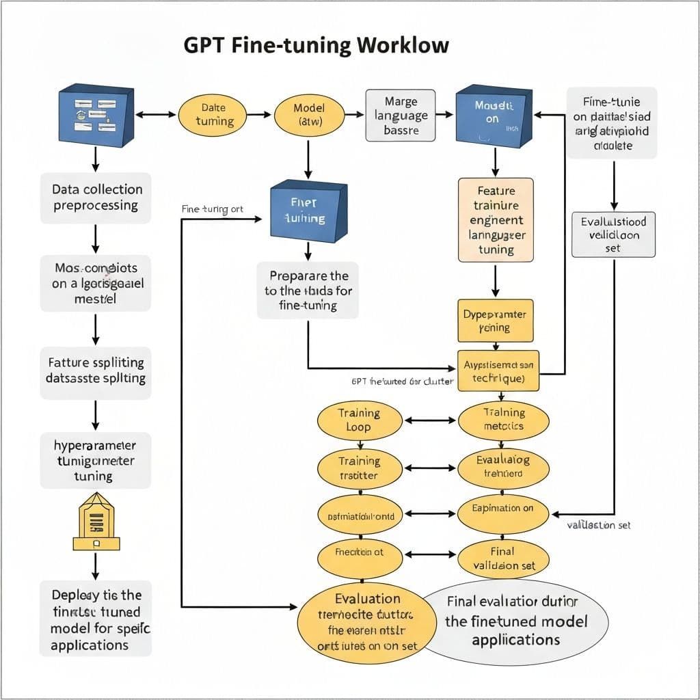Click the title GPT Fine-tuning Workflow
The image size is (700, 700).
[x=317, y=46]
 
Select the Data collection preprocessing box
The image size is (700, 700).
[x=96, y=198]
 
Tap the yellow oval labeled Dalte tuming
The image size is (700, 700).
[x=214, y=115]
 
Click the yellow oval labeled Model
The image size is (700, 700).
[x=308, y=115]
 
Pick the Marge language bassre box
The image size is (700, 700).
[x=401, y=116]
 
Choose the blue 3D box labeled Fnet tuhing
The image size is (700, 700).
[x=308, y=211]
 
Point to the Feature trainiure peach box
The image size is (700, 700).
[x=496, y=219]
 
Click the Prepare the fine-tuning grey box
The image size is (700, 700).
[x=308, y=291]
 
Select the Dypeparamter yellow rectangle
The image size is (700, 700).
[x=494, y=321]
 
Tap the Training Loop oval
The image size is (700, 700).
[x=359, y=420]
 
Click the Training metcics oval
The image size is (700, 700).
[x=503, y=420]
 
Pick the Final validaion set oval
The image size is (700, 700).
[x=503, y=558]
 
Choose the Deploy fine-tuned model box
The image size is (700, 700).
[x=96, y=619]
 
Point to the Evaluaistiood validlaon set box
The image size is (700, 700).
[x=613, y=234]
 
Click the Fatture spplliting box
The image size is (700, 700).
[x=96, y=370]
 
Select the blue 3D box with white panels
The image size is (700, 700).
[x=96, y=115]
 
